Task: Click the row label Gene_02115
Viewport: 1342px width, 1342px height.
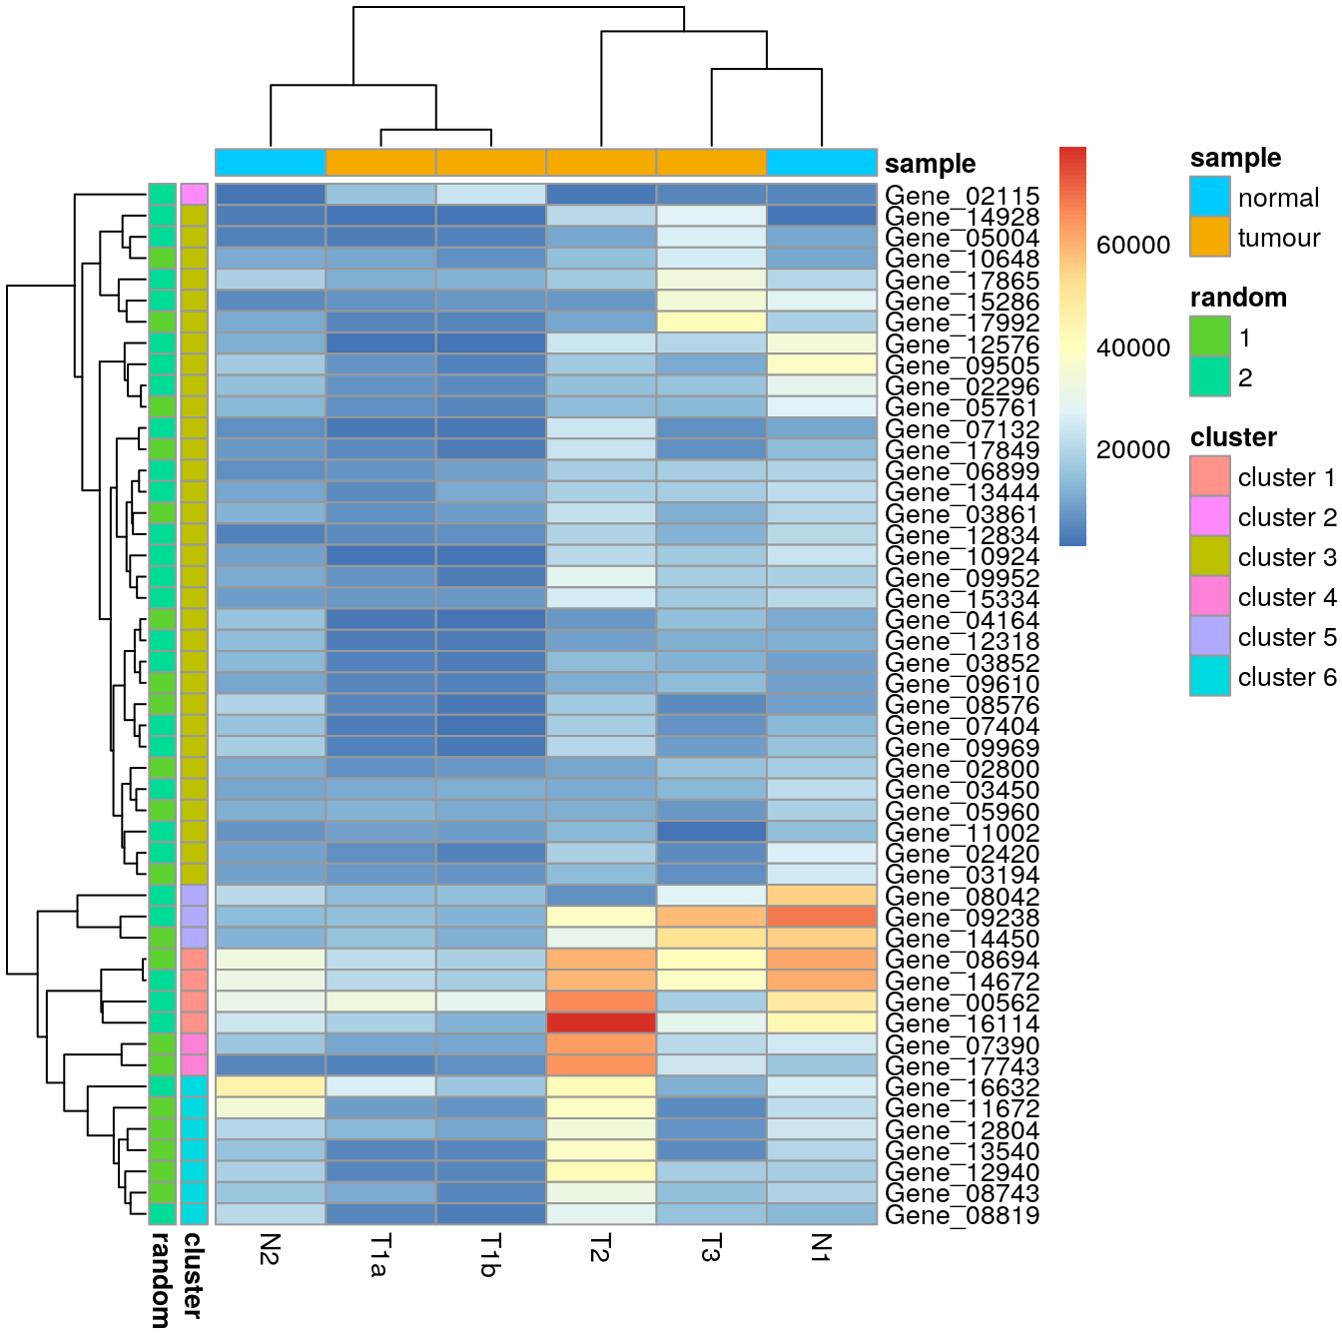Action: click(962, 196)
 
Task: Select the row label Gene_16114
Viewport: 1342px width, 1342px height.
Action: click(962, 1023)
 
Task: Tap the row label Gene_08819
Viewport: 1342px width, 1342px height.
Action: click(962, 1215)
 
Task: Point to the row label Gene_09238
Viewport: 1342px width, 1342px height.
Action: click(962, 918)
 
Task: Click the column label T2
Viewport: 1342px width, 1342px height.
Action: click(600, 1247)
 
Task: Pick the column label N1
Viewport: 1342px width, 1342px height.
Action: click(821, 1247)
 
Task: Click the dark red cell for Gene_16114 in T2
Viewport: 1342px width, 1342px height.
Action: click(601, 1023)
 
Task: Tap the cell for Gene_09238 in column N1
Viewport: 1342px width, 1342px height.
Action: click(822, 917)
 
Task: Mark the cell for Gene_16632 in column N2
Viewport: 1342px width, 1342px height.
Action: click(271, 1086)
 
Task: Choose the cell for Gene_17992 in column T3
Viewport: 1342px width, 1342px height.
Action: click(711, 322)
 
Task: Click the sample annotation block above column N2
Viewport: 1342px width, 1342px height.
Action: click(271, 162)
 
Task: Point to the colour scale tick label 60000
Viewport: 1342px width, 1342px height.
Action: click(1132, 246)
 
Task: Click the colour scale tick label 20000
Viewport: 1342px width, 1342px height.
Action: click(1132, 450)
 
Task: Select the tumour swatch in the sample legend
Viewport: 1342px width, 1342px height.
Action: click(1209, 238)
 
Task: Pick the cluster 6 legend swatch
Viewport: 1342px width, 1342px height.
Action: click(1209, 677)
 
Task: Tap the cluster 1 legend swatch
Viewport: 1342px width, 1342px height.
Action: click(1209, 477)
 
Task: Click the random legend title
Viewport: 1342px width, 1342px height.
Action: click(1237, 298)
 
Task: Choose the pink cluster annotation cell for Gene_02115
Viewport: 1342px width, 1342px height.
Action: click(194, 195)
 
